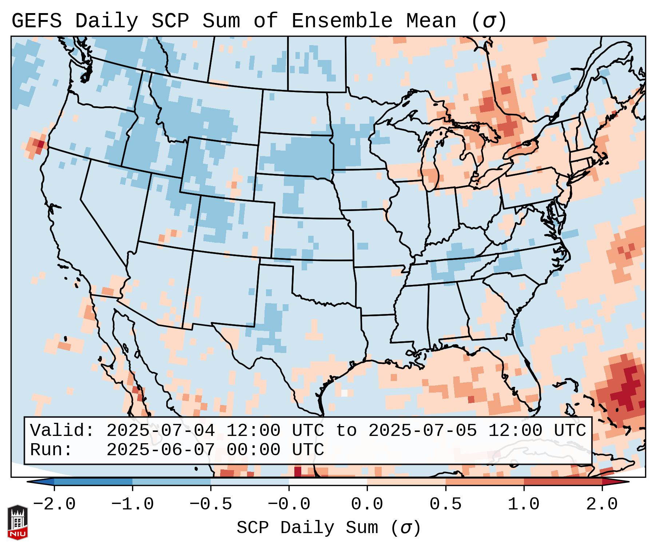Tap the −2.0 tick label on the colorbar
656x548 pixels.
[54, 504]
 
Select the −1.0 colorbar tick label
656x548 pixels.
[132, 504]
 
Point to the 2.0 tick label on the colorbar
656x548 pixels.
[602, 504]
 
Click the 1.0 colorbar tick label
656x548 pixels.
[524, 504]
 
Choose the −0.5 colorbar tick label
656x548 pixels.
[211, 504]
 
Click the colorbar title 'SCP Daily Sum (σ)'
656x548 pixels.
[329, 528]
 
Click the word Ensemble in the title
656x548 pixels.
[342, 21]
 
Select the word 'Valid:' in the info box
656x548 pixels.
[62, 430]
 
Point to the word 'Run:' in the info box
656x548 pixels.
[51, 450]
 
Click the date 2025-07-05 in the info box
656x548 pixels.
[422, 430]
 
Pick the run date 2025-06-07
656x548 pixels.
[160, 450]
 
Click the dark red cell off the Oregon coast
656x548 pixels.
[40, 144]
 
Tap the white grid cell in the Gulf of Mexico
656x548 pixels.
[344, 393]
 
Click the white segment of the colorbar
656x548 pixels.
[328, 481]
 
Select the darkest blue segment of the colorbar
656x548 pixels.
[93, 481]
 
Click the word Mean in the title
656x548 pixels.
[431, 21]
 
